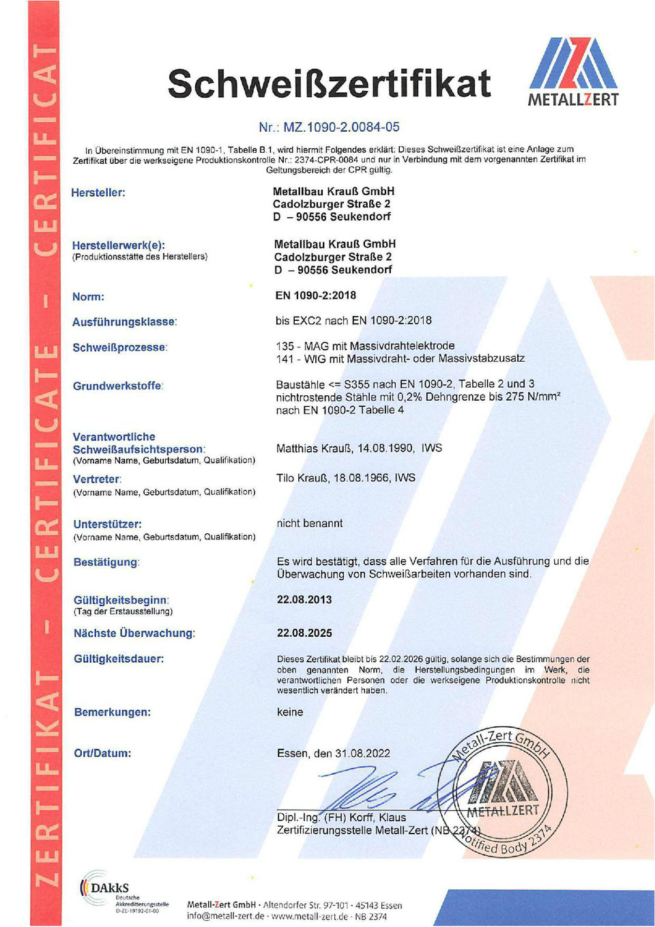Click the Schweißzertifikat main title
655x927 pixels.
point(329,84)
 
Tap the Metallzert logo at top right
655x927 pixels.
point(573,72)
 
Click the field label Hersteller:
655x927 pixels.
point(98,192)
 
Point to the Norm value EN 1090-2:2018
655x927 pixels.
point(316,296)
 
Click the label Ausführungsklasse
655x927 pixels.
point(124,322)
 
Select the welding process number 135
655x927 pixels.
point(285,346)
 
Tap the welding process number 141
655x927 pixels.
point(285,358)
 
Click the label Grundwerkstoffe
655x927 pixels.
point(117,386)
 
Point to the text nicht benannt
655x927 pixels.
point(310,523)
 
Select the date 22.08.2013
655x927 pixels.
point(304,599)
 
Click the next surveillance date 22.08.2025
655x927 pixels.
point(304,633)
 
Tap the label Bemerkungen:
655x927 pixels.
point(113,712)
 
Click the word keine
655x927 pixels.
point(290,712)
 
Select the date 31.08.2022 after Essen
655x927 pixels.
point(362,754)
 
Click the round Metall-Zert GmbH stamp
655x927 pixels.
point(503,791)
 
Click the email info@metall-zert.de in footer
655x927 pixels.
point(225,916)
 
